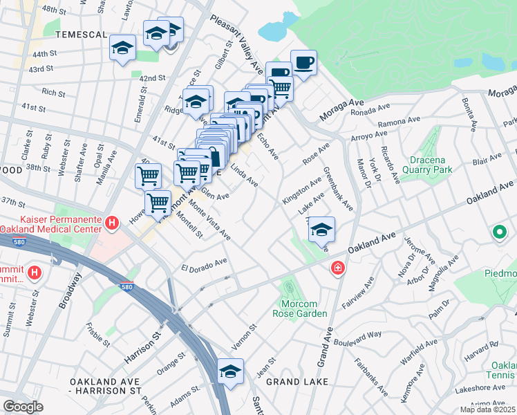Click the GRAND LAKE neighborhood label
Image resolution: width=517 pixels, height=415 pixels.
[x=292, y=381]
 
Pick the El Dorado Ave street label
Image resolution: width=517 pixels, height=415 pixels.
[x=204, y=264]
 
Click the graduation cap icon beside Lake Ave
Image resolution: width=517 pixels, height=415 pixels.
[x=321, y=230]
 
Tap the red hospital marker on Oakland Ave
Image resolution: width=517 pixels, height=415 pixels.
[x=337, y=268]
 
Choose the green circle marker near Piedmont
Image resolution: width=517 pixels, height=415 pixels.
[x=498, y=233]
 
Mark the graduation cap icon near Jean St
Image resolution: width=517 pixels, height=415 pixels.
[x=230, y=371]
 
